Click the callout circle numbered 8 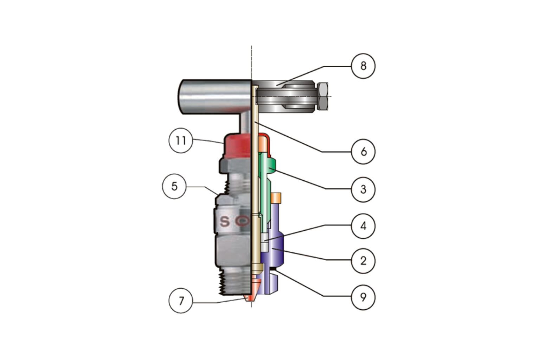363,66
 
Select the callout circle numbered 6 363,152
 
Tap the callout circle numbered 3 363,189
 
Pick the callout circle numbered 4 363,226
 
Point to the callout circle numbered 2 363,261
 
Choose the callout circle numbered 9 363,297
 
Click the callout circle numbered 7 181,301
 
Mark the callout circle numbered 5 174,186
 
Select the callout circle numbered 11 181,141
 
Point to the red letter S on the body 225,222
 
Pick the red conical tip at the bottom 250,297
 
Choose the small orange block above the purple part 276,198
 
